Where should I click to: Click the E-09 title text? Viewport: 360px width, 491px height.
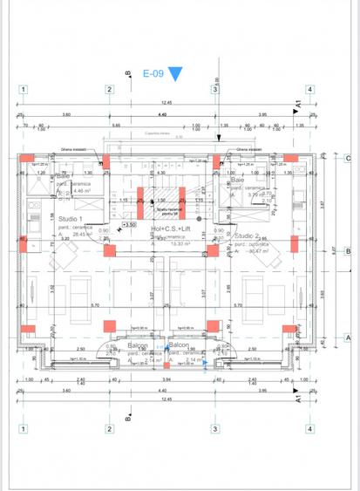pyautogui.click(x=153, y=74)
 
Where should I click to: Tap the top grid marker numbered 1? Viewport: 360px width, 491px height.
pyautogui.click(x=23, y=89)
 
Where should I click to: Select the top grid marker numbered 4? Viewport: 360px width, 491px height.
pyautogui.click(x=309, y=89)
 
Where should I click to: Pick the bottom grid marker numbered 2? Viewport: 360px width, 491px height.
pyautogui.click(x=109, y=428)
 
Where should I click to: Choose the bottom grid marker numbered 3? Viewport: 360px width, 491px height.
pyautogui.click(x=214, y=428)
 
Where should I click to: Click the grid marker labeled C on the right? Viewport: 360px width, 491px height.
pyautogui.click(x=346, y=159)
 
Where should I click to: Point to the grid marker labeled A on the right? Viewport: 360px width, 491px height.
pyautogui.click(x=346, y=336)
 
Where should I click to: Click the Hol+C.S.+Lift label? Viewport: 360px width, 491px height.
pyautogui.click(x=170, y=229)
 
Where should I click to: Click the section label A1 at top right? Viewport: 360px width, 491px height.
pyautogui.click(x=298, y=105)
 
